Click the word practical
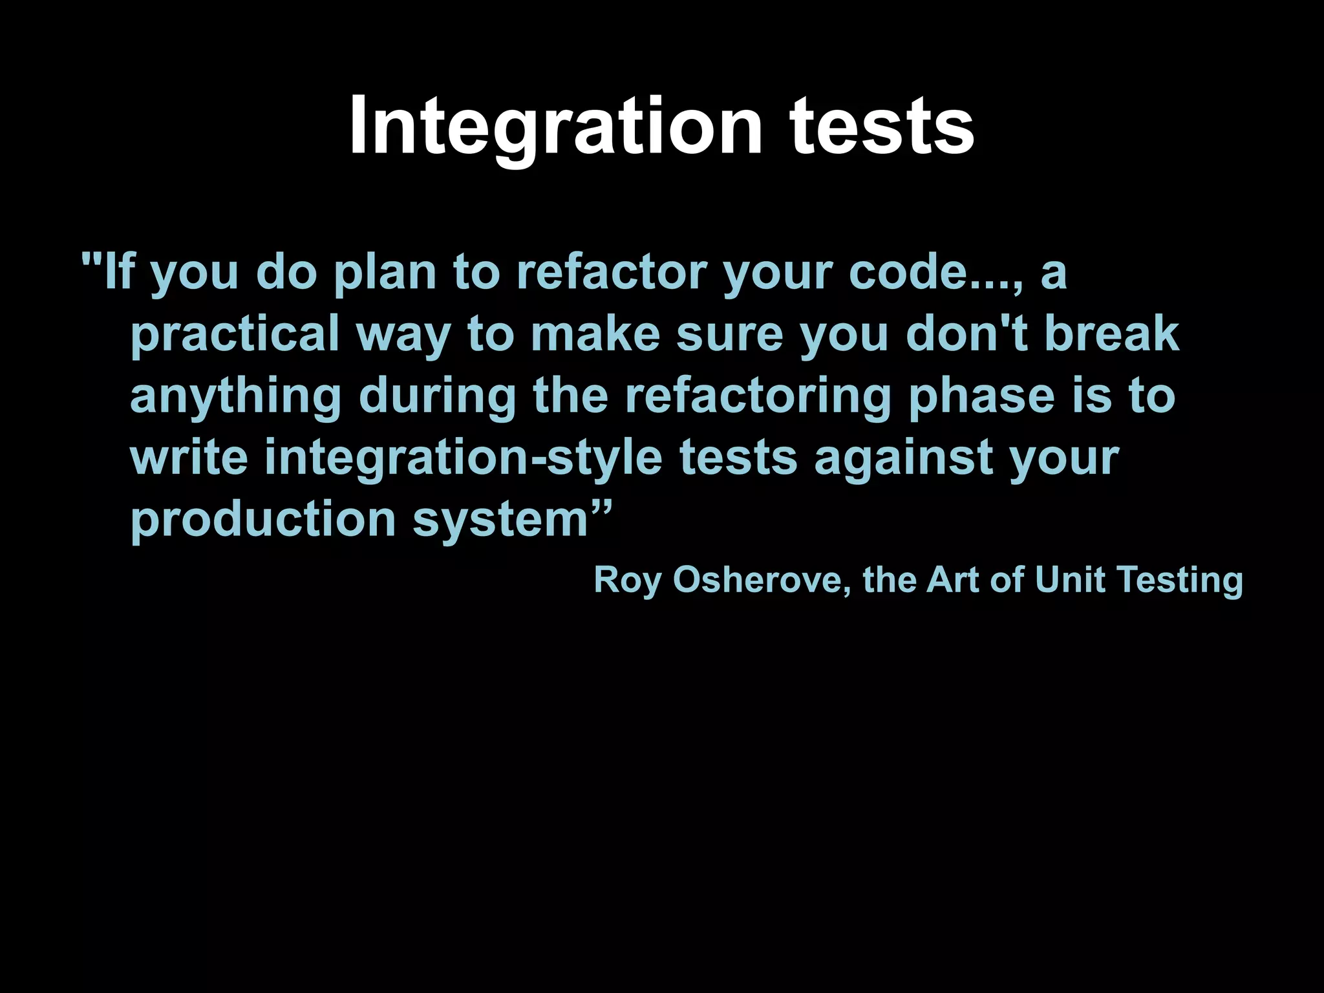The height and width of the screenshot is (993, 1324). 235,334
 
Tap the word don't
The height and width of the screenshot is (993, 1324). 967,334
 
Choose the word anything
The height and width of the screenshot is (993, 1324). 235,396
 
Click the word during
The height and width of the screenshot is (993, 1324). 437,396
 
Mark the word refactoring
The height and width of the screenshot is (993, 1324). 758,396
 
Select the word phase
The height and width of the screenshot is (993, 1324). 981,396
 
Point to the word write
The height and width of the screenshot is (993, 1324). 189,458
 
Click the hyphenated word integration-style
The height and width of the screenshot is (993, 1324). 464,458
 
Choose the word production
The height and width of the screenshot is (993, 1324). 263,520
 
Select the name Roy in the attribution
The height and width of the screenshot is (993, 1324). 627,579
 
